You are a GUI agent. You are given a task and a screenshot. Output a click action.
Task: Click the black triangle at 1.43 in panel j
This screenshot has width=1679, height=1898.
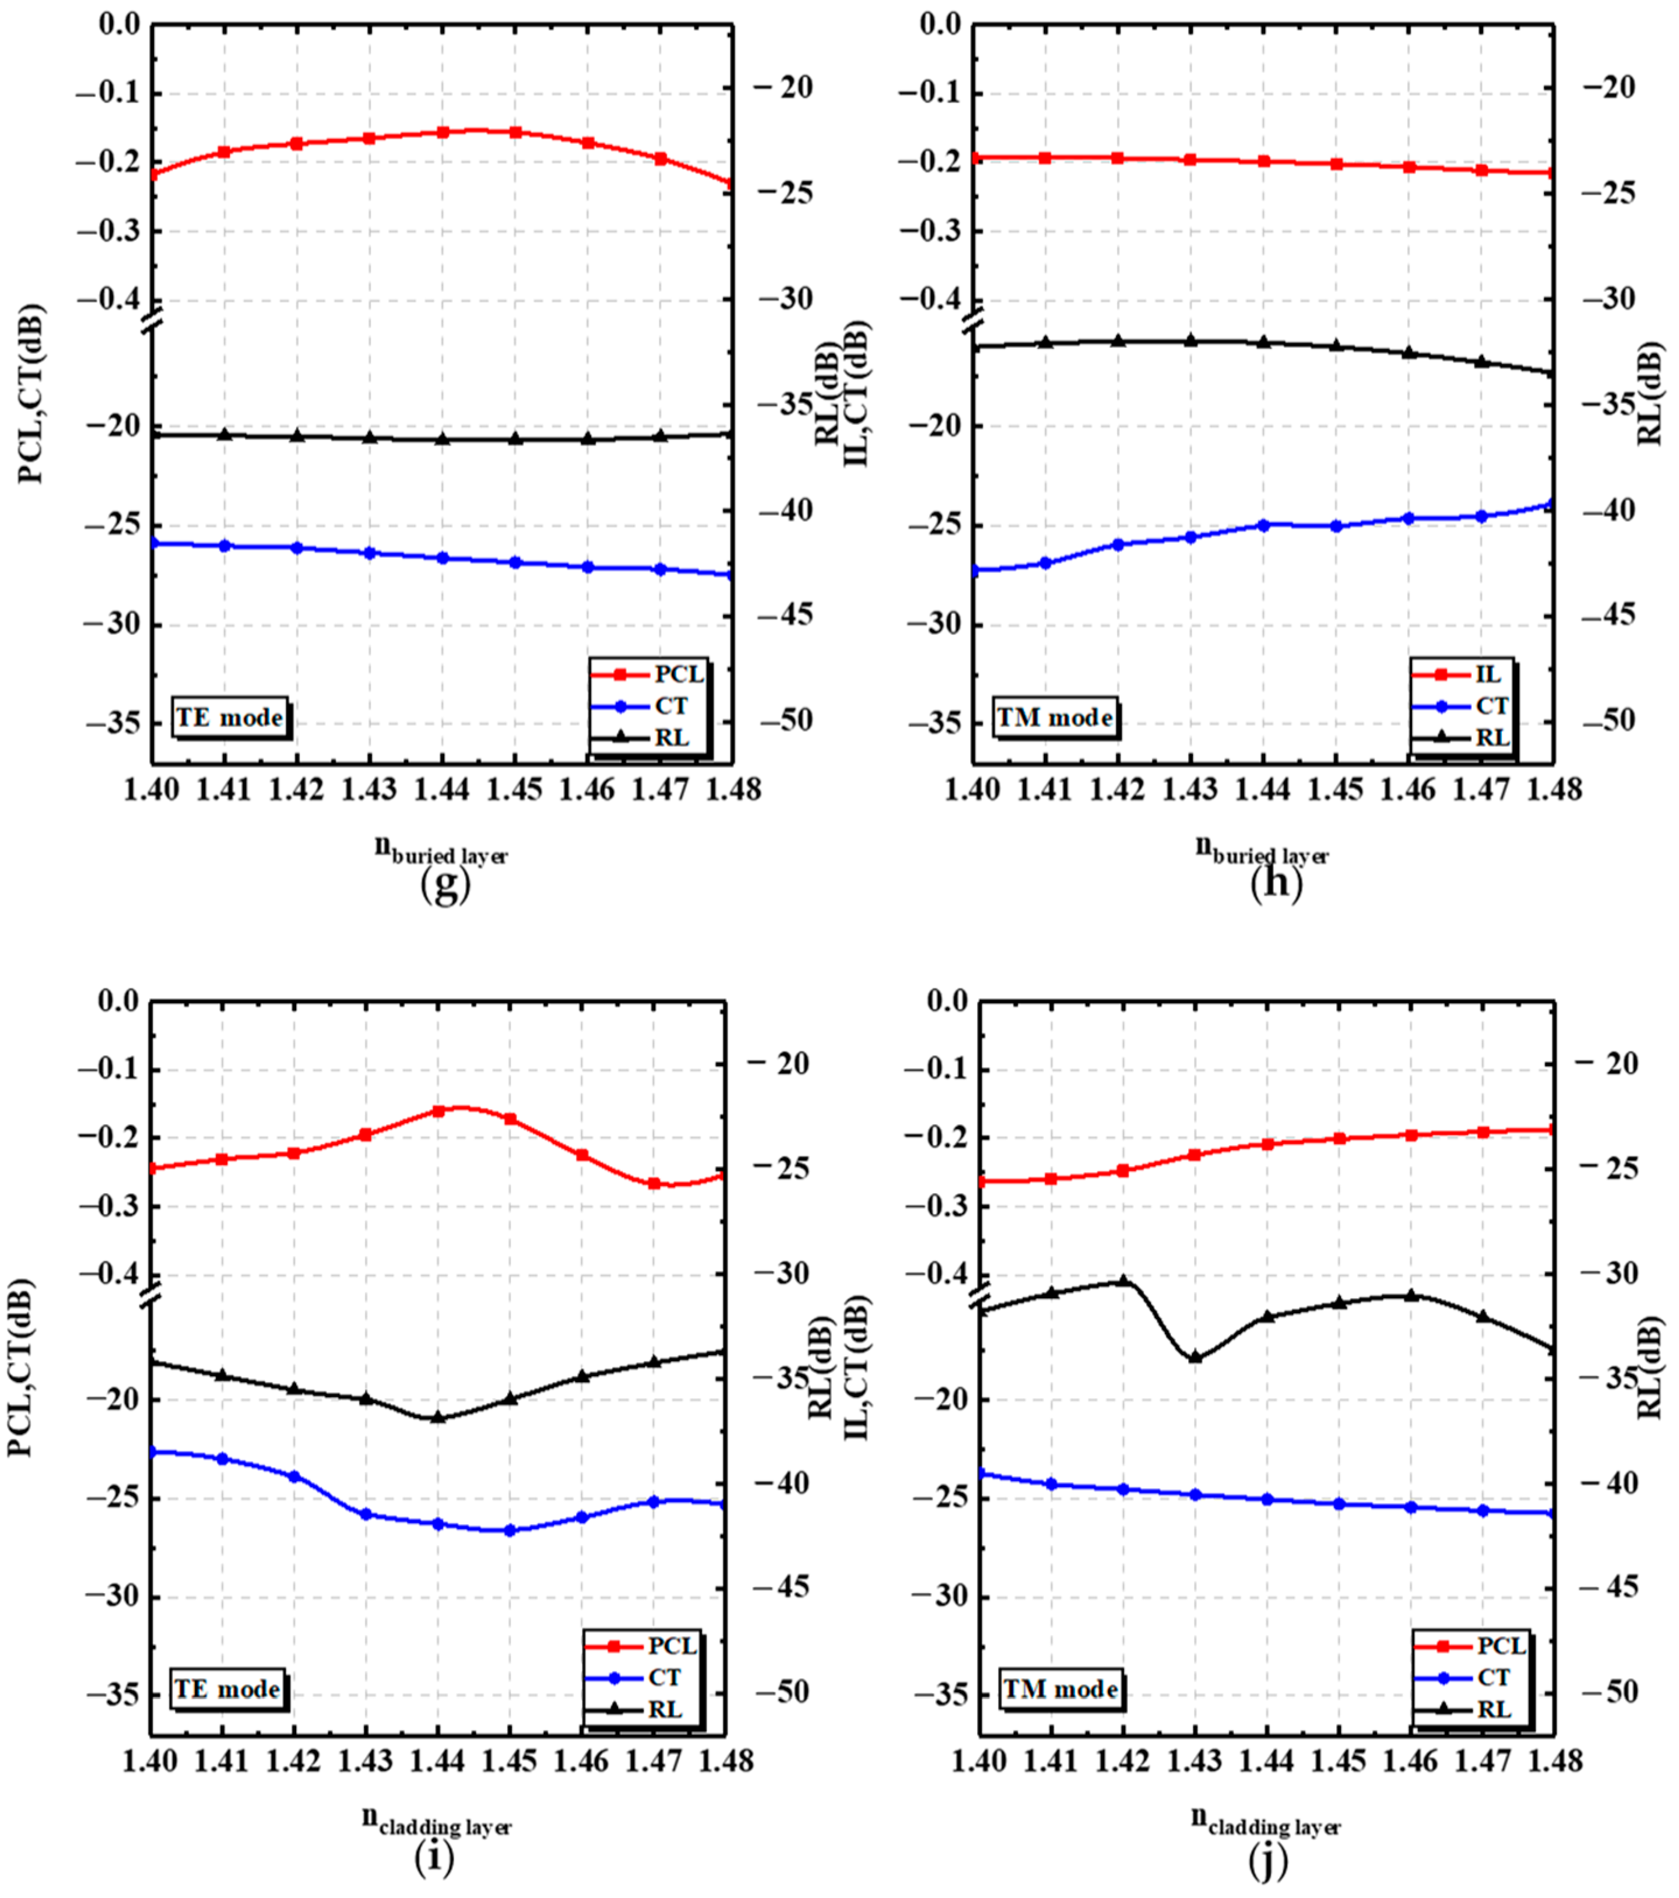(1195, 1358)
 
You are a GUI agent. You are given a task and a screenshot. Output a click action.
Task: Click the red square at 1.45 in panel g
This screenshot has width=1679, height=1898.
(515, 133)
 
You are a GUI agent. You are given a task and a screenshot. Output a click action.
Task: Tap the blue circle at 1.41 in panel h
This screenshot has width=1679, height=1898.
(1046, 563)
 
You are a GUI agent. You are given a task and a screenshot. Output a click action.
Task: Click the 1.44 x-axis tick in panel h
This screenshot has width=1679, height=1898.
(1263, 789)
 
